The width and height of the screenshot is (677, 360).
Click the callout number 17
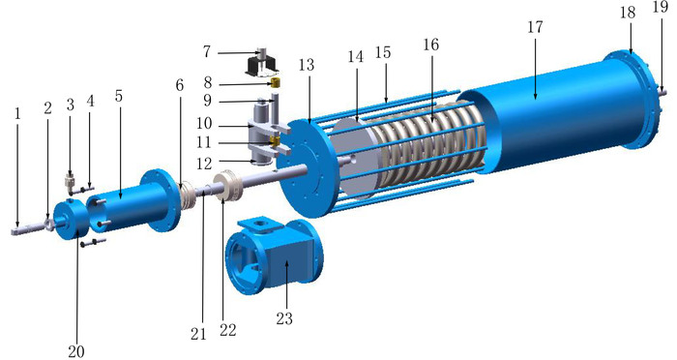tap(535, 27)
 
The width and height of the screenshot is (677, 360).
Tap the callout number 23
tap(284, 318)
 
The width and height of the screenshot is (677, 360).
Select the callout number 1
tap(17, 113)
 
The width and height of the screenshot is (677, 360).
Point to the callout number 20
tap(76, 351)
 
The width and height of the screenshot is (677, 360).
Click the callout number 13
tap(307, 65)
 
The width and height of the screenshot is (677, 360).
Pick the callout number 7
tap(207, 52)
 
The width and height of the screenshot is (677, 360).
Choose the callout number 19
tap(661, 8)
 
